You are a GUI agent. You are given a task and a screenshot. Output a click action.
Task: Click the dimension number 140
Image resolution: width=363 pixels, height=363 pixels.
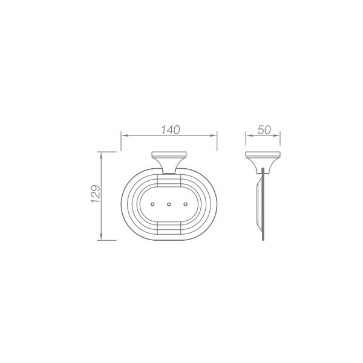pyautogui.click(x=171, y=130)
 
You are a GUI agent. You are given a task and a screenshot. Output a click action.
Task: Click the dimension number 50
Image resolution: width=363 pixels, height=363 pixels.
pyautogui.click(x=264, y=130)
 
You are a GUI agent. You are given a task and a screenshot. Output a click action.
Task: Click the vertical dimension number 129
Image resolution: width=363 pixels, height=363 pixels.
pyautogui.click(x=96, y=194)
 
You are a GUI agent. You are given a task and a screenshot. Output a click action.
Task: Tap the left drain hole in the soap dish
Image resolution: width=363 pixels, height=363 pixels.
pyautogui.click(x=152, y=204)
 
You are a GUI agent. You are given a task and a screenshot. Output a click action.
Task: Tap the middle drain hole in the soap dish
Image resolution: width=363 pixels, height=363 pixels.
pyautogui.click(x=169, y=204)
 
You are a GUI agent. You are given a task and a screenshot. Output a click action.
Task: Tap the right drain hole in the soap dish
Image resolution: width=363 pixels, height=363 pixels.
pyautogui.click(x=185, y=204)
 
